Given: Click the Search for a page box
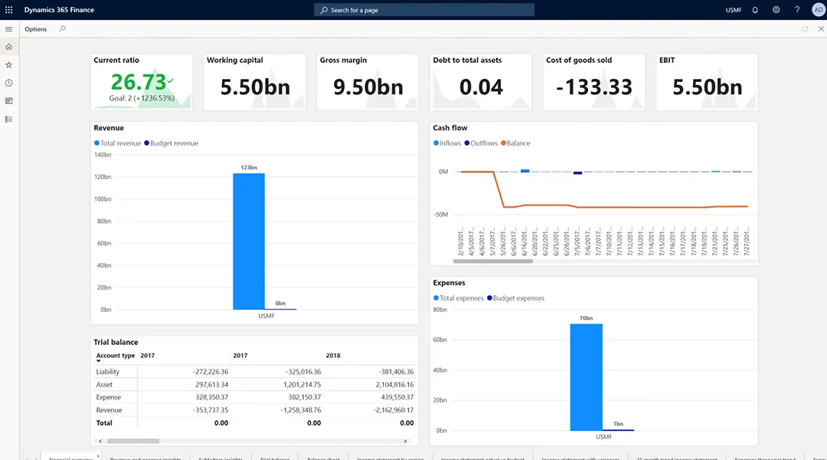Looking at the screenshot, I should pos(423,10).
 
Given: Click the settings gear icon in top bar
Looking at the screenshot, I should pos(776,10).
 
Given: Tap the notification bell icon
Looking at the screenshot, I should pos(755,10).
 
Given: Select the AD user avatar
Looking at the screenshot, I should pos(818,10).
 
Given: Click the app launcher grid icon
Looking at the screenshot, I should pos(9,10).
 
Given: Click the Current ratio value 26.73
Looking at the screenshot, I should pos(138,81).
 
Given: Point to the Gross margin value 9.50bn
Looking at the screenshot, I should pos(368,87).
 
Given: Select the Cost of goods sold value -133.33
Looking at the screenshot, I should pos(593,87).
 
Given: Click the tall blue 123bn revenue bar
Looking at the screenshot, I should pos(249,241).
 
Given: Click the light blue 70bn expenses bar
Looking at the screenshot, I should pos(586,376).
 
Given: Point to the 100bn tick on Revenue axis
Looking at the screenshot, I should pos(103,199).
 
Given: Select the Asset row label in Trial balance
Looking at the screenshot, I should pos(104,384).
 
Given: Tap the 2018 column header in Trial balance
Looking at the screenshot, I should pos(333,356).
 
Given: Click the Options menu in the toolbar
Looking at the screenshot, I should pos(35,29).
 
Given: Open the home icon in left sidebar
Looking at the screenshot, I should pos(9,47).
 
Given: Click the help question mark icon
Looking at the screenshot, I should pos(797,10).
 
